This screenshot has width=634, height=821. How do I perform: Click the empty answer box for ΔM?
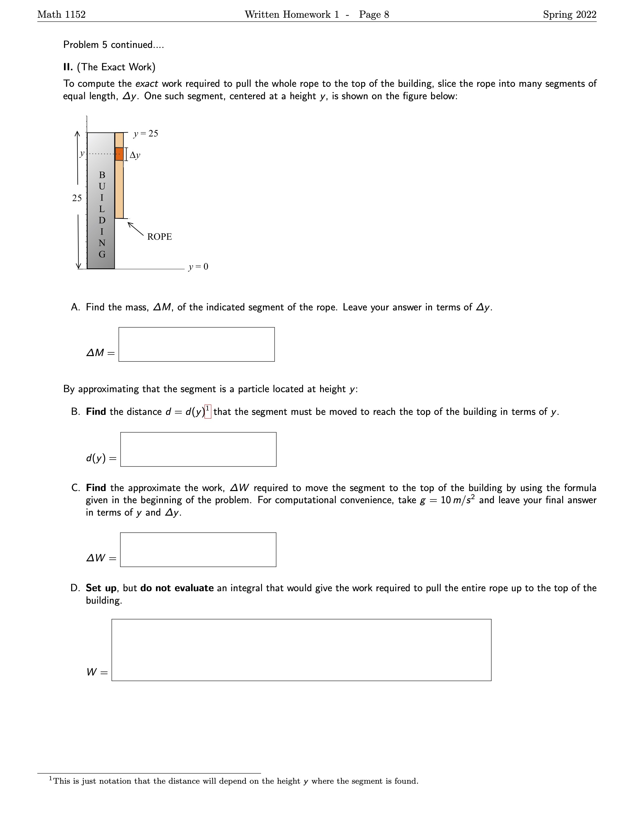pyautogui.click(x=196, y=344)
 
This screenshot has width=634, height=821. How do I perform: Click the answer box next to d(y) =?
pyautogui.click(x=198, y=449)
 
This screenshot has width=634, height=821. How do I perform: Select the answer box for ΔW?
pyautogui.click(x=198, y=550)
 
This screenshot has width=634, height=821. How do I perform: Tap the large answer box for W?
pyautogui.click(x=301, y=650)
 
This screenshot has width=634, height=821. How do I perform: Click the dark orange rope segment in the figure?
pyautogui.click(x=119, y=154)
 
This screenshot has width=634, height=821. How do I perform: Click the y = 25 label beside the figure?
pyautogui.click(x=146, y=133)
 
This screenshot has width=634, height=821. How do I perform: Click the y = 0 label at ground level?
pyautogui.click(x=198, y=267)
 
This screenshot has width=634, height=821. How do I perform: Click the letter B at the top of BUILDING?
pyautogui.click(x=102, y=175)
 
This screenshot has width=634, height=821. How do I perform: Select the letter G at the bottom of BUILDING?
pyautogui.click(x=102, y=254)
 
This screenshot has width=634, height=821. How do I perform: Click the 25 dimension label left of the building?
pyautogui.click(x=77, y=198)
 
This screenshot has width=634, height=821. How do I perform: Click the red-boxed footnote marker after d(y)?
pyautogui.click(x=208, y=411)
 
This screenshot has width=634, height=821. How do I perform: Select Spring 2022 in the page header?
pyautogui.click(x=569, y=15)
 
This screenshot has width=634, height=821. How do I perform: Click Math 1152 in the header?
pyautogui.click(x=62, y=15)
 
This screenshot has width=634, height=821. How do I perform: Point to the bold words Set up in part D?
pyautogui.click(x=101, y=588)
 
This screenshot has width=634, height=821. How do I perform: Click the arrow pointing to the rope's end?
pyautogui.click(x=135, y=229)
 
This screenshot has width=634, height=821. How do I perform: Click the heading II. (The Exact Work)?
pyautogui.click(x=109, y=67)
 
